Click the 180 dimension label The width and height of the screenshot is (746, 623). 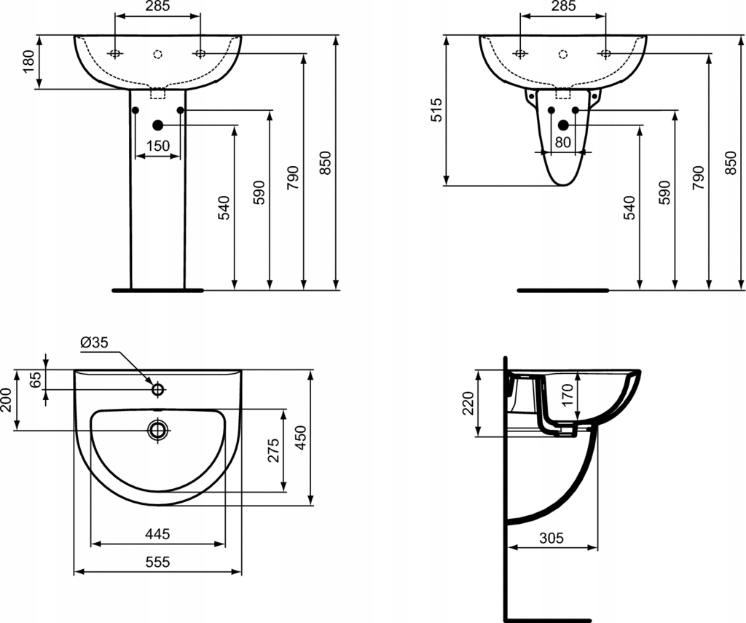28,61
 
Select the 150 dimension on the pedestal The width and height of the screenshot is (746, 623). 157,146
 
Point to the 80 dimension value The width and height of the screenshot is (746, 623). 562,143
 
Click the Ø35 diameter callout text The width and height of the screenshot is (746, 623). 94,342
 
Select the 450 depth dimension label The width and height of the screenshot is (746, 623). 301,436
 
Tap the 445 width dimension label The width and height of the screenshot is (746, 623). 157,534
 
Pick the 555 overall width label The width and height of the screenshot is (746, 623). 157,562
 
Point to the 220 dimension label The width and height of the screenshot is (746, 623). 468,403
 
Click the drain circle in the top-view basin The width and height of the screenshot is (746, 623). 158,430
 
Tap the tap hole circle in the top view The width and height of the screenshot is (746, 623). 157,389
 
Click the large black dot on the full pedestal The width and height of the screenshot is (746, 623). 157,125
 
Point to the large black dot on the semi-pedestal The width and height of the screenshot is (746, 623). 562,125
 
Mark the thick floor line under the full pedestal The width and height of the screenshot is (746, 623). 158,290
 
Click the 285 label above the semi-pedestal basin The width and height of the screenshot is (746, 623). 562,7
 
